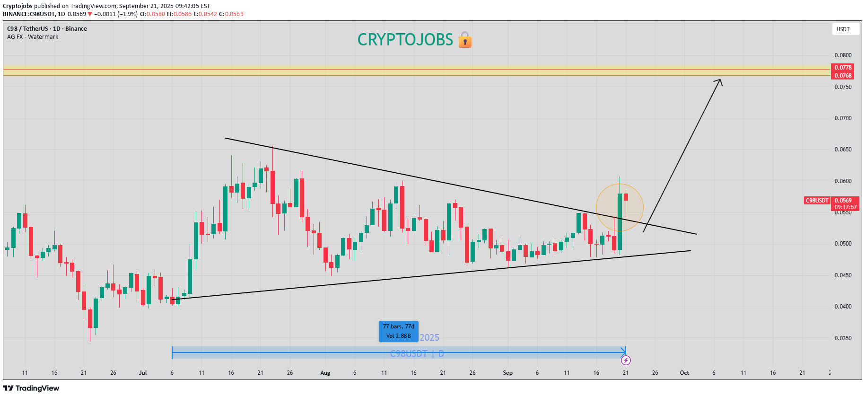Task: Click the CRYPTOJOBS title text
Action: point(405,40)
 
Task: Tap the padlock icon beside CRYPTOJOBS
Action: point(465,40)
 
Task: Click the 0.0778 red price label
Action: point(843,68)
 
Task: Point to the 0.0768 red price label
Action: point(843,76)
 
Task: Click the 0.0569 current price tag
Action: point(843,201)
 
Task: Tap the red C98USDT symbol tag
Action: point(817,201)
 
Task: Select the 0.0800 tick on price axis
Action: point(843,55)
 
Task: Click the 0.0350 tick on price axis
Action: point(843,338)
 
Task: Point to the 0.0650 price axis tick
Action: point(843,150)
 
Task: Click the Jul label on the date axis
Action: point(142,373)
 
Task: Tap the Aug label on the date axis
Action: point(325,373)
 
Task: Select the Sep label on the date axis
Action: point(507,373)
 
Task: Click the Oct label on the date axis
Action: point(684,373)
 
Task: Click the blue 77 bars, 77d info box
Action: point(398,331)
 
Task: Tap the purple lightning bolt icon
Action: point(626,361)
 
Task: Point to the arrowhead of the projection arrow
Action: point(720,80)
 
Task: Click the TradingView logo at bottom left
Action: point(31,388)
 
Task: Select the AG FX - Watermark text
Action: point(33,37)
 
